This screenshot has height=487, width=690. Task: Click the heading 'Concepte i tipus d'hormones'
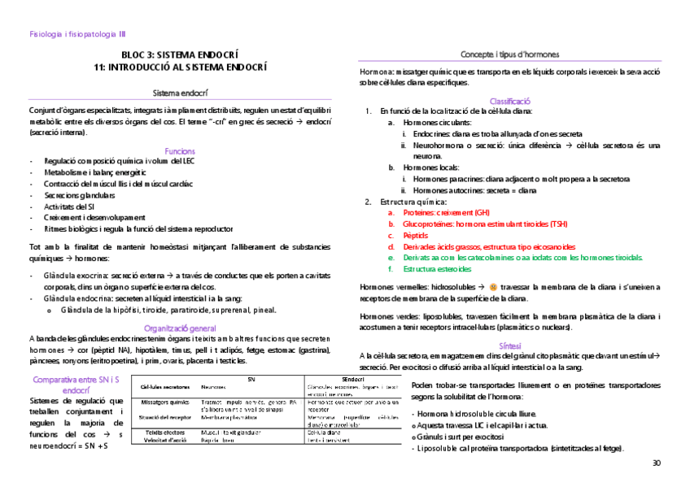(510, 54)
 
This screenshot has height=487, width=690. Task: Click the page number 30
(657, 463)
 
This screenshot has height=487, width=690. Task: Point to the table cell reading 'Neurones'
(213, 387)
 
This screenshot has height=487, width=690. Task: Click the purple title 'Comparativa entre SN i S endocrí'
(74, 385)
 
